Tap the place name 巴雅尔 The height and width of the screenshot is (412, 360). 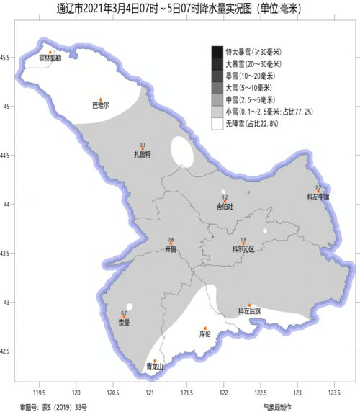click(101, 105)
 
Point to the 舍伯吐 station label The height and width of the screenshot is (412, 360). click(225, 205)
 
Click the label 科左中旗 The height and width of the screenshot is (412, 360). click(318, 196)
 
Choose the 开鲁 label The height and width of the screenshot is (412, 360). click(171, 248)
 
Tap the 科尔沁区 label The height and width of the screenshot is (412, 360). click(243, 248)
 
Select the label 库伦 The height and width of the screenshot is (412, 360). click(204, 334)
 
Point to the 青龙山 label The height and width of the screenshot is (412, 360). click(155, 367)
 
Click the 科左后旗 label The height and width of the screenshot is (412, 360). click(250, 311)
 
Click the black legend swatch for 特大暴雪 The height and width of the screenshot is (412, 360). click(217, 51)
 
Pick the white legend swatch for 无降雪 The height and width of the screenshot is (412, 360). click(217, 124)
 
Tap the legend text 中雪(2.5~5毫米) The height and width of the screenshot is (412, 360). click(250, 99)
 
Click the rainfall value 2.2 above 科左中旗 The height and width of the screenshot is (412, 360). click(318, 187)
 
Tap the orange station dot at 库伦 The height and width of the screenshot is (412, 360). click(205, 328)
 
